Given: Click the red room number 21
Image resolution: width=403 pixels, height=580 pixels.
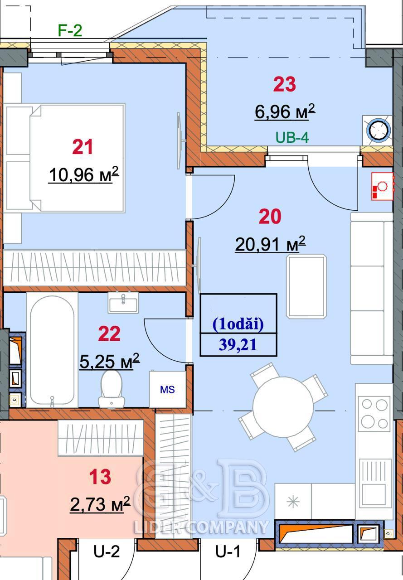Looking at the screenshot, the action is coord(83,147).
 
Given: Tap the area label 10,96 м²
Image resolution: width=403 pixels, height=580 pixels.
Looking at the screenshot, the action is coord(84,174).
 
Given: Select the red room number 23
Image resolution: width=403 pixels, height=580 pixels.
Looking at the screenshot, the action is coord(284,84).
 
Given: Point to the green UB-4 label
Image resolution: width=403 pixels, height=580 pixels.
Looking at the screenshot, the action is coord(292,137).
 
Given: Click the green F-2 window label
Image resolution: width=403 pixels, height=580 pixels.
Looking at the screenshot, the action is coord(70,30).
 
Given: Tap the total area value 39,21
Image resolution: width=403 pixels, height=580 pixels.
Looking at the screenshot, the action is coord(238,345).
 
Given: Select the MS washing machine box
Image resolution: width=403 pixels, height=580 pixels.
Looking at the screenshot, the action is coord(167,389).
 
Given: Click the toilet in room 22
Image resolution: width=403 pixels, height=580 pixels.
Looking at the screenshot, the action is coord(112,389).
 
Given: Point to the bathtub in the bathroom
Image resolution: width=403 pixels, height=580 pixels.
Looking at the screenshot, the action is coord(52,350).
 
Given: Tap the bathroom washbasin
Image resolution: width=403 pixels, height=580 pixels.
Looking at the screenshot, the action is coord(123,303).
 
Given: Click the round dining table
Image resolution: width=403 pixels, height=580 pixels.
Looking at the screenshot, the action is coord(283,406).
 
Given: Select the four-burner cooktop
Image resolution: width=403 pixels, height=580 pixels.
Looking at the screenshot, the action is coord(374,414).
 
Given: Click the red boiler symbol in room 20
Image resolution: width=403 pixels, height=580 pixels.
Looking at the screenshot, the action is coord(382,186).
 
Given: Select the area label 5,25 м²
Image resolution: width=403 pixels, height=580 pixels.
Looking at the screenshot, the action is coord(110,361).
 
